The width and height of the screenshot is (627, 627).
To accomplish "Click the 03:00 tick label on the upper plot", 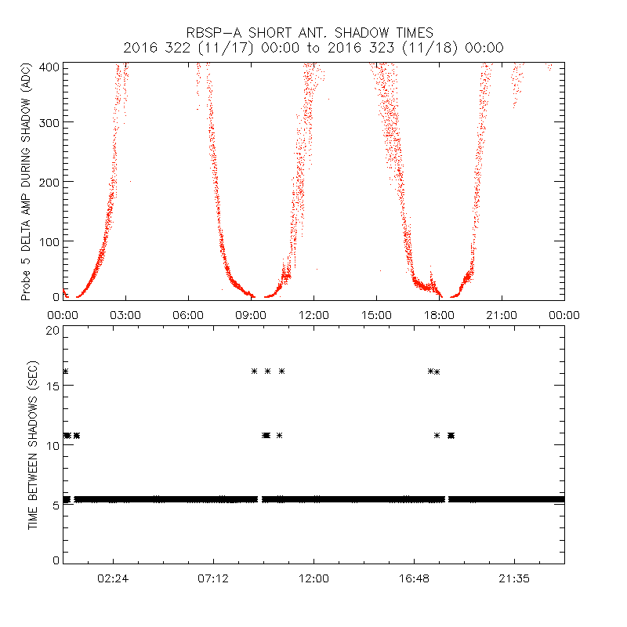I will (125, 315).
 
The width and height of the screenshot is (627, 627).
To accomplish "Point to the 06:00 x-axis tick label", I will (188, 315).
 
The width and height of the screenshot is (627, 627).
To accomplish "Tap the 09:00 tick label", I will (251, 315).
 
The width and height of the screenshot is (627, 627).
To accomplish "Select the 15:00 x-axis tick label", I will (376, 315).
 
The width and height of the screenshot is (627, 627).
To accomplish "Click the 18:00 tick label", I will (439, 315).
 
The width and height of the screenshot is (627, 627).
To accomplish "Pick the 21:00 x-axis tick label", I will (502, 315).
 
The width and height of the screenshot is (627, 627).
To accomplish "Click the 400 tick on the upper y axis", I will (49, 67).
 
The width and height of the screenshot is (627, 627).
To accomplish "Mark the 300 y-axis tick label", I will (49, 122).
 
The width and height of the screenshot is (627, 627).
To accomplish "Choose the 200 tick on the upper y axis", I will (49, 181).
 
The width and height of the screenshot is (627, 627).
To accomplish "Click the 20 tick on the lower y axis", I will (53, 330).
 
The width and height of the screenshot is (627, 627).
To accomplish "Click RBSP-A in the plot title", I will (213, 33).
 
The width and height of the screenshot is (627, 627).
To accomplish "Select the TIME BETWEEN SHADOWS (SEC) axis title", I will (34, 444).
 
